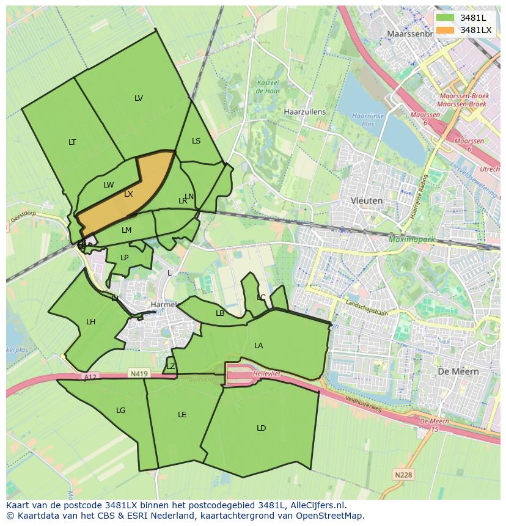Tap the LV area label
click(x=139, y=98)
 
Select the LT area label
click(x=72, y=142)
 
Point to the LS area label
click(x=196, y=141)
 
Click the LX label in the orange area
click(x=128, y=194)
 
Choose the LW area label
click(x=108, y=185)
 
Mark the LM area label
click(x=127, y=230)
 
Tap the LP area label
click(x=125, y=258)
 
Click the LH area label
click(x=90, y=322)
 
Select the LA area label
click(x=258, y=346)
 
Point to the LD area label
click(x=261, y=428)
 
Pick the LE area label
click(x=182, y=415)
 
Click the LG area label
click(x=121, y=411)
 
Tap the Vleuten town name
click(x=367, y=200)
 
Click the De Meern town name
click(x=458, y=371)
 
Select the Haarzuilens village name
click(x=305, y=112)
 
